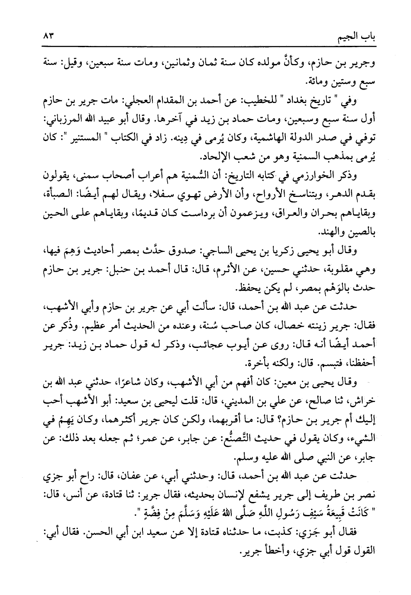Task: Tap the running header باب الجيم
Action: pos(356,37)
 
